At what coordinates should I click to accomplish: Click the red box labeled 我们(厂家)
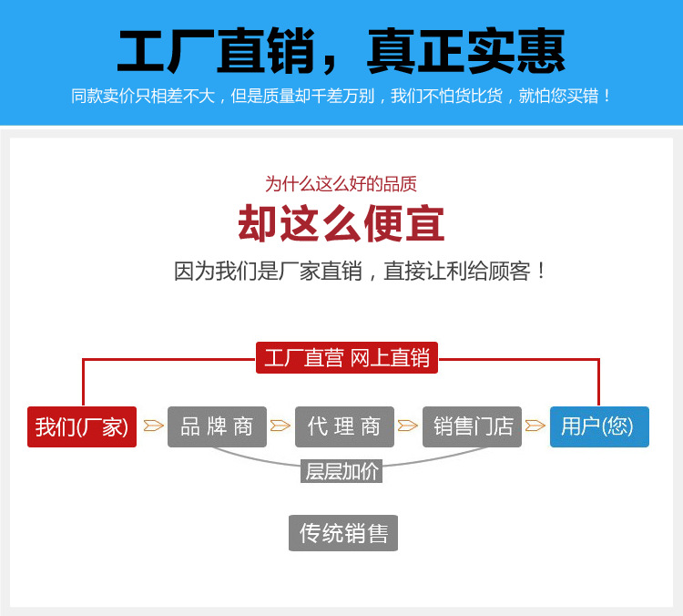[82, 426]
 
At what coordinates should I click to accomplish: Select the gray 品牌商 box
[217, 426]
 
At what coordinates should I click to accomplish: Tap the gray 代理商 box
[344, 426]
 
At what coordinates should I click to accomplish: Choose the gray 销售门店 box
[472, 426]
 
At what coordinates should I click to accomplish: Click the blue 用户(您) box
[599, 426]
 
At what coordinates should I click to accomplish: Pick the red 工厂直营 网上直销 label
[347, 357]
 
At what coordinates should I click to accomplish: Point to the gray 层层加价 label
[341, 471]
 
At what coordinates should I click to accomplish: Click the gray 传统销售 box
[343, 533]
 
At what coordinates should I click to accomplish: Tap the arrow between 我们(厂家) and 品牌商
[153, 425]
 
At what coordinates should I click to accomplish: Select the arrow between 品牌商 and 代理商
[280, 425]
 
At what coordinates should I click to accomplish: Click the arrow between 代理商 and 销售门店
[408, 425]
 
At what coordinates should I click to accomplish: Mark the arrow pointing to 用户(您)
[535, 425]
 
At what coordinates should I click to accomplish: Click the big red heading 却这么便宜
[341, 223]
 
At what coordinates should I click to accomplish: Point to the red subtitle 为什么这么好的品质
[341, 184]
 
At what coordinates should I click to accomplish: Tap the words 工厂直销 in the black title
[216, 51]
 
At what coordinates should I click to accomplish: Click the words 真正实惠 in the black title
[466, 51]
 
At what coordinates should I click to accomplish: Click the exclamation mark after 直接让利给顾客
[541, 272]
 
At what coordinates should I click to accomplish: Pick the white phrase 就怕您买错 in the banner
[559, 96]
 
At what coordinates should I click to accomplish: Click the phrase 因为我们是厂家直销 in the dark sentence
[268, 272]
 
